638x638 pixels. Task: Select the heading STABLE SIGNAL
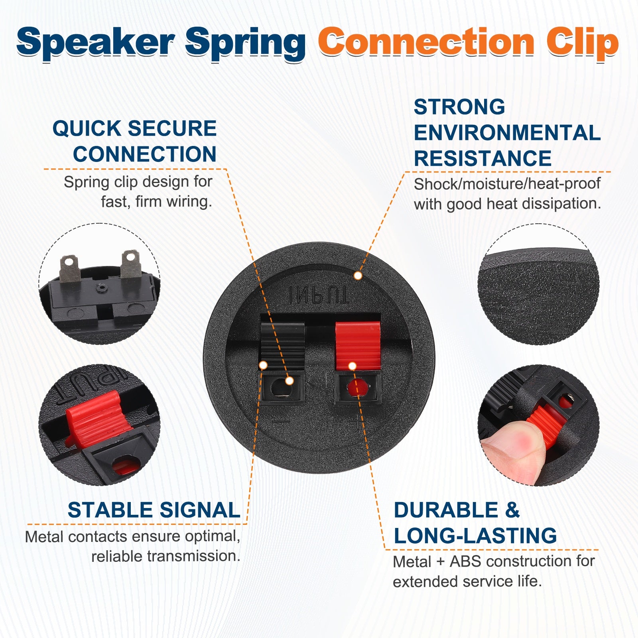pyautogui.click(x=154, y=510)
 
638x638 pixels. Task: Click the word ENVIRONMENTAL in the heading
pyautogui.click(x=507, y=133)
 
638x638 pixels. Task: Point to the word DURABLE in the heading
pyautogui.click(x=446, y=510)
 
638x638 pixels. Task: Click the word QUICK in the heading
pyautogui.click(x=87, y=128)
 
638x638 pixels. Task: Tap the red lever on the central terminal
pyautogui.click(x=358, y=345)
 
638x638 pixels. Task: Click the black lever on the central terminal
pyautogui.click(x=282, y=345)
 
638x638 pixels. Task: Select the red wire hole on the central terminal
pyautogui.click(x=357, y=388)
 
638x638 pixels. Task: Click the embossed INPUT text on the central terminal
pyautogui.click(x=319, y=295)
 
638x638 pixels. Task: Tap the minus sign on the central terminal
pyautogui.click(x=281, y=421)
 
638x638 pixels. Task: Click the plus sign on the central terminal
pyautogui.click(x=358, y=420)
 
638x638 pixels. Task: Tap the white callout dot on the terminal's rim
pyautogui.click(x=358, y=276)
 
